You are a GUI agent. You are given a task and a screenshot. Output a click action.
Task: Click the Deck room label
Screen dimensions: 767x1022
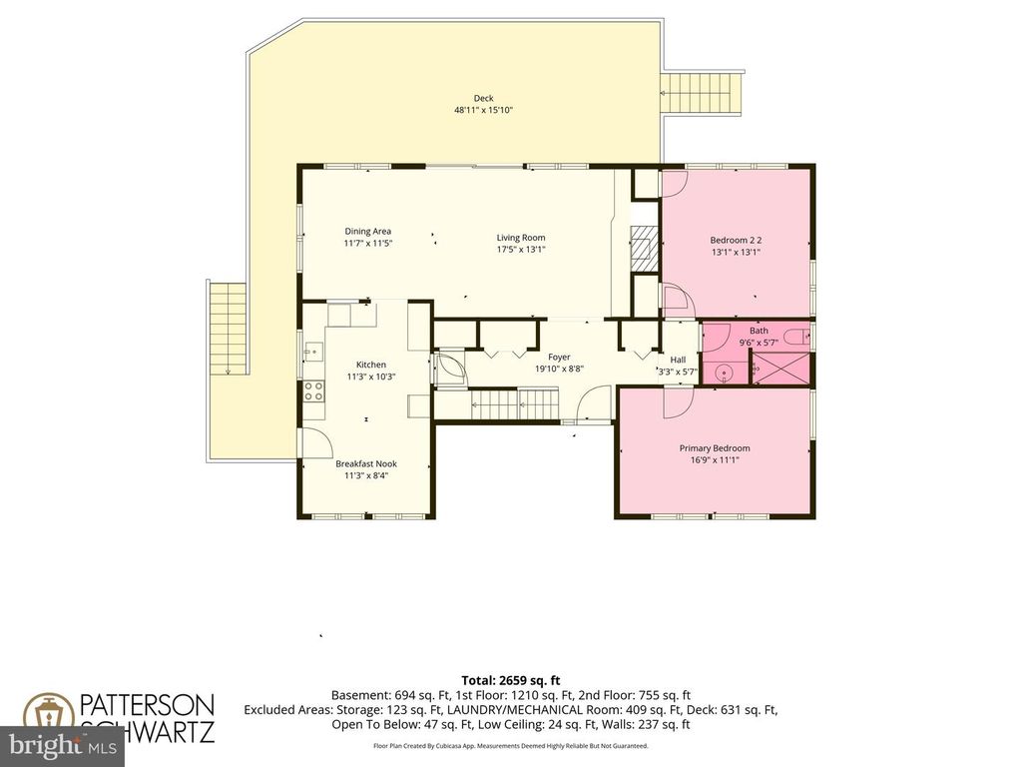483,98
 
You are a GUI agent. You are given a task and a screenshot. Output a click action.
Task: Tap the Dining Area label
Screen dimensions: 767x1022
367,232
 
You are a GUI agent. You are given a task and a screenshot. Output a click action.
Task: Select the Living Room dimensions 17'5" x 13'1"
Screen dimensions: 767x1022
521,250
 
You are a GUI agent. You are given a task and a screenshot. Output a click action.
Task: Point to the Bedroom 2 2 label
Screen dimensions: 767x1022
736,240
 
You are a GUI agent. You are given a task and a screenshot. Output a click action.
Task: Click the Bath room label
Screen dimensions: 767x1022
759,331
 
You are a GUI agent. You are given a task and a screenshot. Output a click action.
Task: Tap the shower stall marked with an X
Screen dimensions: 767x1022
782,367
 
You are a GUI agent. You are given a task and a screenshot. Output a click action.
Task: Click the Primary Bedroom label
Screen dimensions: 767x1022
715,448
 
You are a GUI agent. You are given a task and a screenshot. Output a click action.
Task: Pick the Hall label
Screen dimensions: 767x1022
678,360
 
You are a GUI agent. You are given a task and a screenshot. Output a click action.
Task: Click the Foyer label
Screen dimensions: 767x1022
559,357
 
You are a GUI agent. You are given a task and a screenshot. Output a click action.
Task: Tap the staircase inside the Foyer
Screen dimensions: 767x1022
514,403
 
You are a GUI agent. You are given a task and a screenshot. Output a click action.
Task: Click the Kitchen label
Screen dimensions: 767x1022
371,365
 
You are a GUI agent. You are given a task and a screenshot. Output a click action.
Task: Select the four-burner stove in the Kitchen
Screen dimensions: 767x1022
313,390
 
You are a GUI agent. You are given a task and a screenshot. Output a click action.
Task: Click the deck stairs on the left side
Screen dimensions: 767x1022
227,330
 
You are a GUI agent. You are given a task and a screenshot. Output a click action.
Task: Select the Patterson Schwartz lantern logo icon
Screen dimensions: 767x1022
46,716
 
